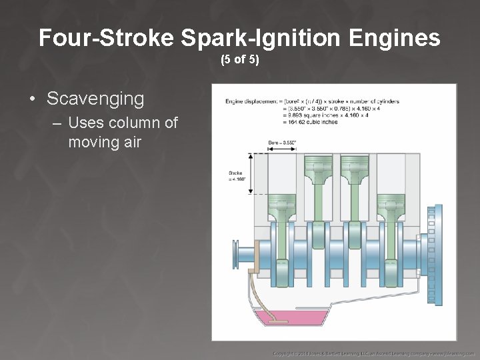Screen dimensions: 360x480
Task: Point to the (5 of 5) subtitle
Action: (x=240, y=60)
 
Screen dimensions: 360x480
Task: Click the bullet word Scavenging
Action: (x=95, y=99)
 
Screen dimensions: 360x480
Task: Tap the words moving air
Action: (x=105, y=141)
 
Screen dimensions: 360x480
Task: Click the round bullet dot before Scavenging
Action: (x=33, y=99)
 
